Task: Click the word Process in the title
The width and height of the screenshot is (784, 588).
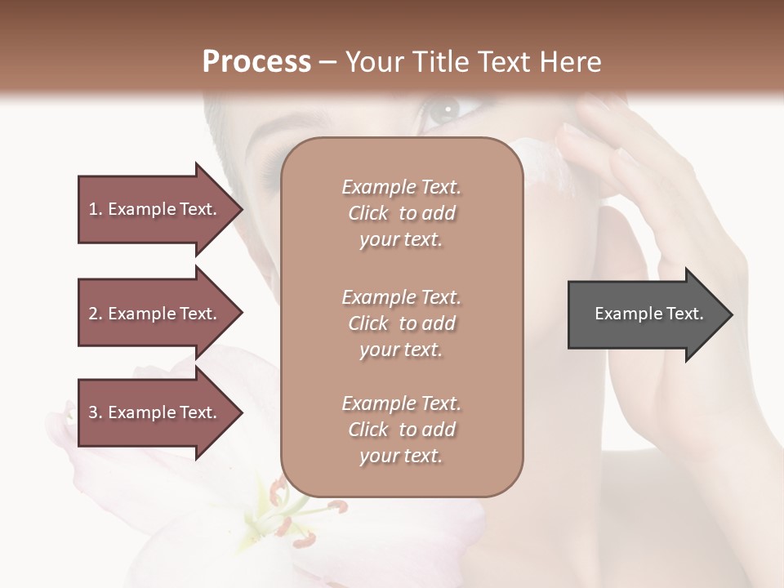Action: click(x=256, y=62)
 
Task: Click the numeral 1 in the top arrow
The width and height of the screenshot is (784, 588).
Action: click(x=92, y=210)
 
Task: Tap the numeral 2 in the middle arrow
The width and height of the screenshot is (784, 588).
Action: click(x=93, y=314)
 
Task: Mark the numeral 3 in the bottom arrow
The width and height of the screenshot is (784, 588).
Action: click(x=93, y=413)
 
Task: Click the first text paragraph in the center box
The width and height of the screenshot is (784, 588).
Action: click(x=401, y=213)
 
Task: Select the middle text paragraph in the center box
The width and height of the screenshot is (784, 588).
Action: click(x=401, y=323)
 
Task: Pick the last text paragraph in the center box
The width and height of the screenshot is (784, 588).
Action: click(x=401, y=430)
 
